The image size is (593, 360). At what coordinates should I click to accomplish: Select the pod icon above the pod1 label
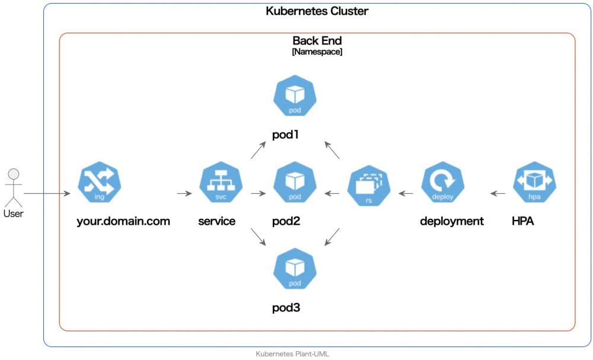coord(295,97)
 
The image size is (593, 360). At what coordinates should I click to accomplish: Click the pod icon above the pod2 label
coord(295,183)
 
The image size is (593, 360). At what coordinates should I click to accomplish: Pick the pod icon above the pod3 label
coord(295,270)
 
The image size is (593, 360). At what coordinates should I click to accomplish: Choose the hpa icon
coord(534,183)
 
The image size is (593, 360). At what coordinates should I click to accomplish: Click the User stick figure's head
coord(13,174)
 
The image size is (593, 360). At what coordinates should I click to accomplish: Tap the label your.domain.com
coord(123,222)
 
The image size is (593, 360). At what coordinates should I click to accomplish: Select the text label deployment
coord(452,222)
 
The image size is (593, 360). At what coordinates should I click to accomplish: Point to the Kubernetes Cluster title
coord(317,11)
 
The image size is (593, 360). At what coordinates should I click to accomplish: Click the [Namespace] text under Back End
coord(317,52)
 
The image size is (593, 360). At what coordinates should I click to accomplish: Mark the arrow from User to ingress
coord(47,194)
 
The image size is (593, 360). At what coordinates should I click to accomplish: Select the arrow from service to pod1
coord(258,151)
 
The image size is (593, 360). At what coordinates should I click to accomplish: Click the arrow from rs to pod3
coord(332,237)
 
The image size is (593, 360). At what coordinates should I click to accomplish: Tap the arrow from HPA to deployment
coord(498,193)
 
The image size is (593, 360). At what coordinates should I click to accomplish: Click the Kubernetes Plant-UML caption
coord(292,354)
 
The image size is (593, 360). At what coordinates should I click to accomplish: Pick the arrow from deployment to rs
coord(406,193)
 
